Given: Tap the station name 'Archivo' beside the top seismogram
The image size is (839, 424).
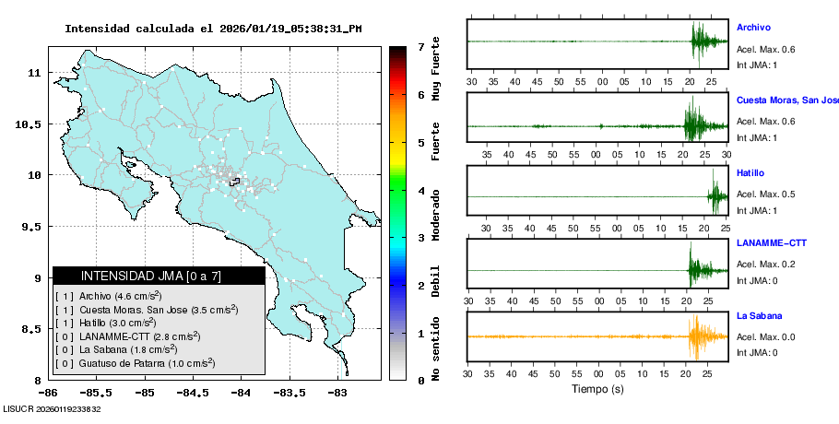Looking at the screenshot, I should pos(753,28).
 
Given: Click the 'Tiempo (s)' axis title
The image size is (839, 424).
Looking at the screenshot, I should pos(598,389).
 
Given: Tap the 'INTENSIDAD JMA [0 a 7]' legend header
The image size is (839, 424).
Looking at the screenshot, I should pos(159,276).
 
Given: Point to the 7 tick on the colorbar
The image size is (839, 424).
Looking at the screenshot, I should pos(419,46).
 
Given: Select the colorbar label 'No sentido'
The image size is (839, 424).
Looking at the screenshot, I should pos(436,349).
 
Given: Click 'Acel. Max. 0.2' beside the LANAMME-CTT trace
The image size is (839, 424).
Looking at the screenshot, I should pos(765,265).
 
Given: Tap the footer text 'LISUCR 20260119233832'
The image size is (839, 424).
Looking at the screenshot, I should pos(52,408).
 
